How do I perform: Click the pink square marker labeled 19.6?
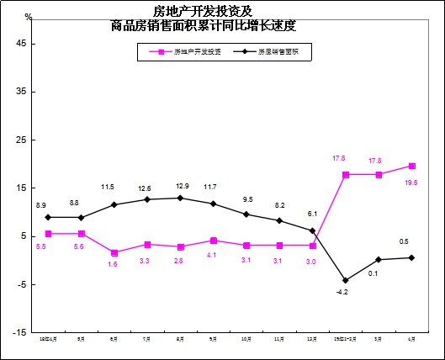click(x=411, y=166)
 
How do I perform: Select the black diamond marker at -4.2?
click(x=345, y=280)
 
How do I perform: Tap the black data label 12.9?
click(x=180, y=185)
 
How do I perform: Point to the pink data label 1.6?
click(x=114, y=264)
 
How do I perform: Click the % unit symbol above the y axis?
click(x=28, y=17)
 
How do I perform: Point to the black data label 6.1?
click(x=312, y=214)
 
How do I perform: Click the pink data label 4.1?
click(x=213, y=254)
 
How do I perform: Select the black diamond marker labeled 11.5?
click(x=114, y=204)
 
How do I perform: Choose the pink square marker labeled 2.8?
click(x=180, y=247)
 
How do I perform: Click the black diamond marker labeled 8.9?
click(x=48, y=217)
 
